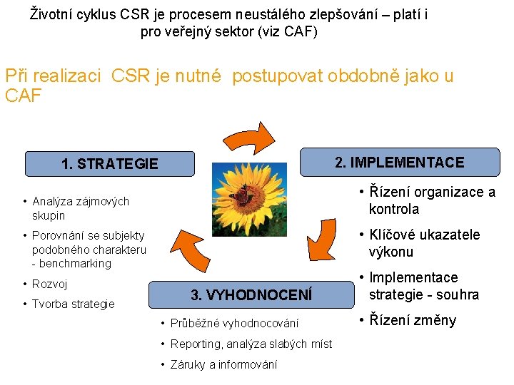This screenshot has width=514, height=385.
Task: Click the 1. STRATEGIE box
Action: click(109, 164)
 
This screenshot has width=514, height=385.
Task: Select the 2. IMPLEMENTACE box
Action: click(399, 163)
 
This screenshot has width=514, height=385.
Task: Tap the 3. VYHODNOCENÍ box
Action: click(251, 294)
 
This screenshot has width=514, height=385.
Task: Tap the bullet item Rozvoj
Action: click(49, 284)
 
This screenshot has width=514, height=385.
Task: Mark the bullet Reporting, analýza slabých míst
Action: click(251, 344)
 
